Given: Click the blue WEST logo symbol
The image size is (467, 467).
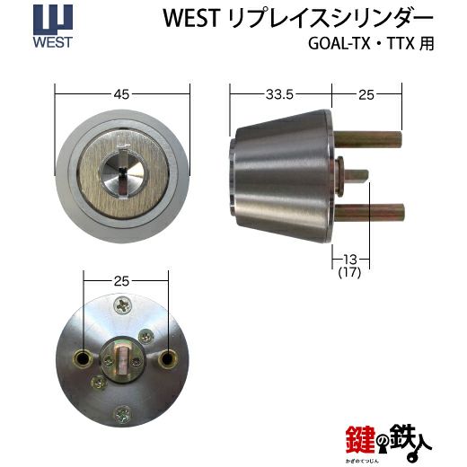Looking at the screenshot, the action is [x=53, y=20].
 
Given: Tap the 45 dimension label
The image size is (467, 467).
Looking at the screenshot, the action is [x=121, y=94].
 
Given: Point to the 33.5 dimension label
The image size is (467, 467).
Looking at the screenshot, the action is [x=279, y=94].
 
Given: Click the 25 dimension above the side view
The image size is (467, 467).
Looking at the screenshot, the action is [x=366, y=95].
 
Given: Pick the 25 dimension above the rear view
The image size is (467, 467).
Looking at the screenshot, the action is [x=121, y=281].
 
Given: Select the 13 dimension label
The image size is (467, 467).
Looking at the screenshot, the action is [x=349, y=260].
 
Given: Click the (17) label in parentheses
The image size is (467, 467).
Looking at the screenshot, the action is [x=349, y=272].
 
